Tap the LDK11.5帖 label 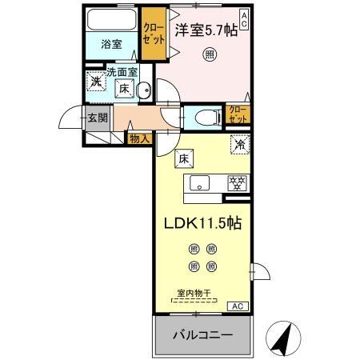pos(203,224)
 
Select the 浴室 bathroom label pos(111,44)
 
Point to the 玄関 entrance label pos(97,118)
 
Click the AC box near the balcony pos(238,306)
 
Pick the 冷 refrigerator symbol pos(238,146)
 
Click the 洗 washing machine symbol pos(96,82)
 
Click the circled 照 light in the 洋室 pos(209,54)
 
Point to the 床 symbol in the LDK pos(182,158)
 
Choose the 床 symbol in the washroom pos(125,90)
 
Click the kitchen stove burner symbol pos(237,182)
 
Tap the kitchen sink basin pos(199,182)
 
